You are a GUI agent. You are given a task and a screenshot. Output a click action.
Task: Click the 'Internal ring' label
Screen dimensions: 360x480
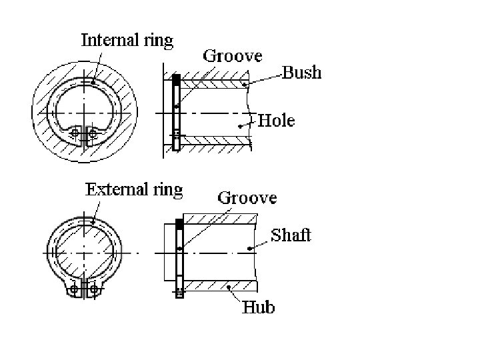click(x=127, y=40)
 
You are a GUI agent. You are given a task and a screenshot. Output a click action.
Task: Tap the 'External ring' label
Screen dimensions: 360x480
click(x=134, y=189)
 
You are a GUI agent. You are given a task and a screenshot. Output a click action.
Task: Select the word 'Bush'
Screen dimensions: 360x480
click(x=302, y=72)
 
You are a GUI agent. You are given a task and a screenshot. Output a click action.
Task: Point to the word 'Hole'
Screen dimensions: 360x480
click(x=276, y=120)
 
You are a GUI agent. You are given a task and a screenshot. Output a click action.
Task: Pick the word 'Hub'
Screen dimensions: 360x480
click(x=258, y=307)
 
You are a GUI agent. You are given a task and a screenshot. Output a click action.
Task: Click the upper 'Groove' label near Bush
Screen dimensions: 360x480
click(x=233, y=55)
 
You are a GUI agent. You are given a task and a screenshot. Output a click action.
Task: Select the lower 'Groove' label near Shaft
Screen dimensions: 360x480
click(x=247, y=198)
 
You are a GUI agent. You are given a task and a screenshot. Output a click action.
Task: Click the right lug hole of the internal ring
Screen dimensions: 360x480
click(x=92, y=134)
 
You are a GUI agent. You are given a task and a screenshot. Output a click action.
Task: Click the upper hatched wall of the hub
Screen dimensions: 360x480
click(x=220, y=219)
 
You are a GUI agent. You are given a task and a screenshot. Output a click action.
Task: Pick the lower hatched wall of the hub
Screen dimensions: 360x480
click(x=220, y=286)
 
